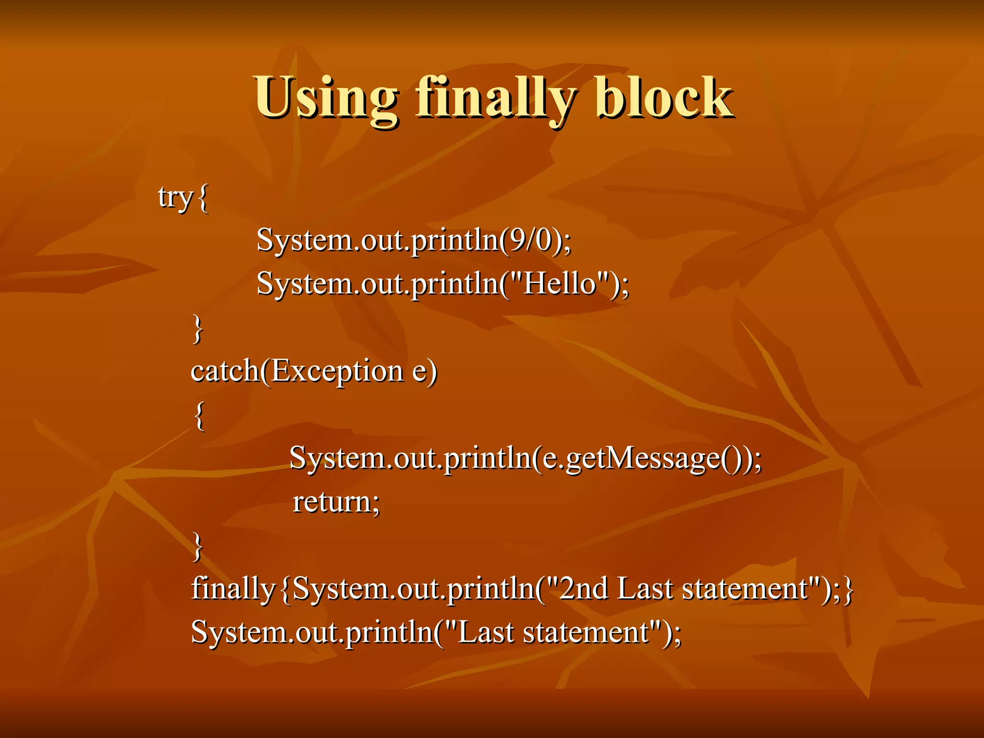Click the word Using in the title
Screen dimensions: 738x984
[x=326, y=98]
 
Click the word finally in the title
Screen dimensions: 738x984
[x=495, y=98]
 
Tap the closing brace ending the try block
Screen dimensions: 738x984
[x=197, y=329]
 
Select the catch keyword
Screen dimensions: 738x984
[x=224, y=371]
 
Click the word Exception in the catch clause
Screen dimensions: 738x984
[x=337, y=371]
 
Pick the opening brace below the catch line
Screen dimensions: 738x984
[x=199, y=416]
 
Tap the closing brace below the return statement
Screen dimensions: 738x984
[x=197, y=546]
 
